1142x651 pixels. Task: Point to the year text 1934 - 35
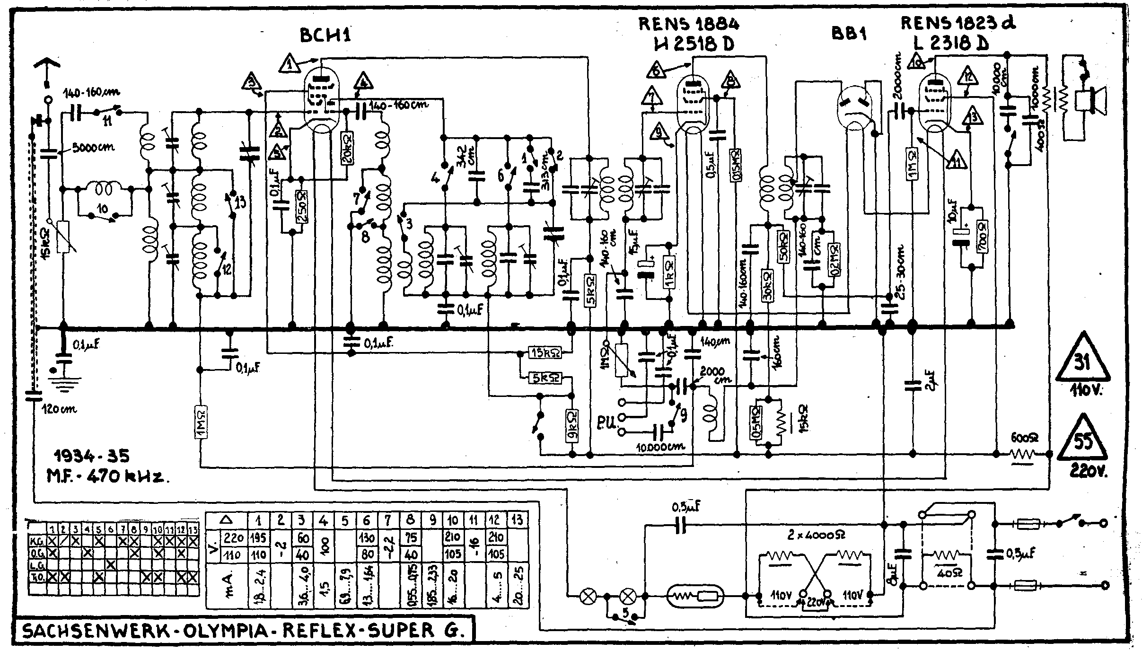[91, 456]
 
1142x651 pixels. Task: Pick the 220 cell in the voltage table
[234, 537]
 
